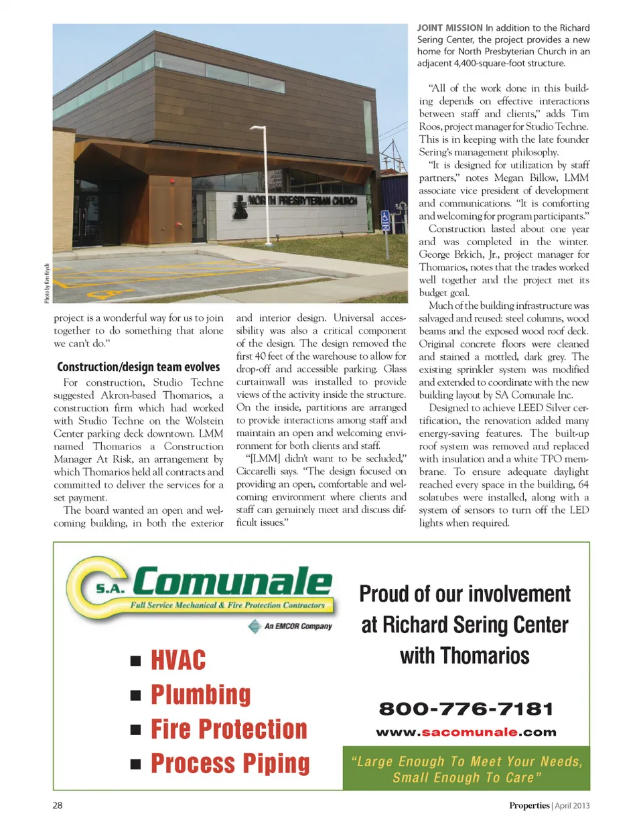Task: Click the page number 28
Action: click(58, 805)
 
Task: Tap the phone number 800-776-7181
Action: click(466, 709)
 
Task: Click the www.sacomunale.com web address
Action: click(466, 732)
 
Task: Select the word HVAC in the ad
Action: click(178, 661)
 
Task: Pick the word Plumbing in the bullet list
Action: click(200, 695)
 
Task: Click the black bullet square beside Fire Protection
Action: click(136, 729)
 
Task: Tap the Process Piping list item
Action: click(230, 763)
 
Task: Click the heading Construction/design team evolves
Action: click(139, 367)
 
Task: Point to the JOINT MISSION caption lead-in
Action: click(449, 28)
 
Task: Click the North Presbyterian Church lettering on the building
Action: click(301, 200)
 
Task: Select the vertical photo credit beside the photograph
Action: click(47, 283)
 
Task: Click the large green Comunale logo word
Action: click(232, 581)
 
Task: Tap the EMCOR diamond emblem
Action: click(255, 626)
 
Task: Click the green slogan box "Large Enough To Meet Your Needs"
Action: click(466, 769)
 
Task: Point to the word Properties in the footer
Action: click(529, 805)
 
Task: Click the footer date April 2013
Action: click(572, 805)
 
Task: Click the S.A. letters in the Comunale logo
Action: click(111, 589)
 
